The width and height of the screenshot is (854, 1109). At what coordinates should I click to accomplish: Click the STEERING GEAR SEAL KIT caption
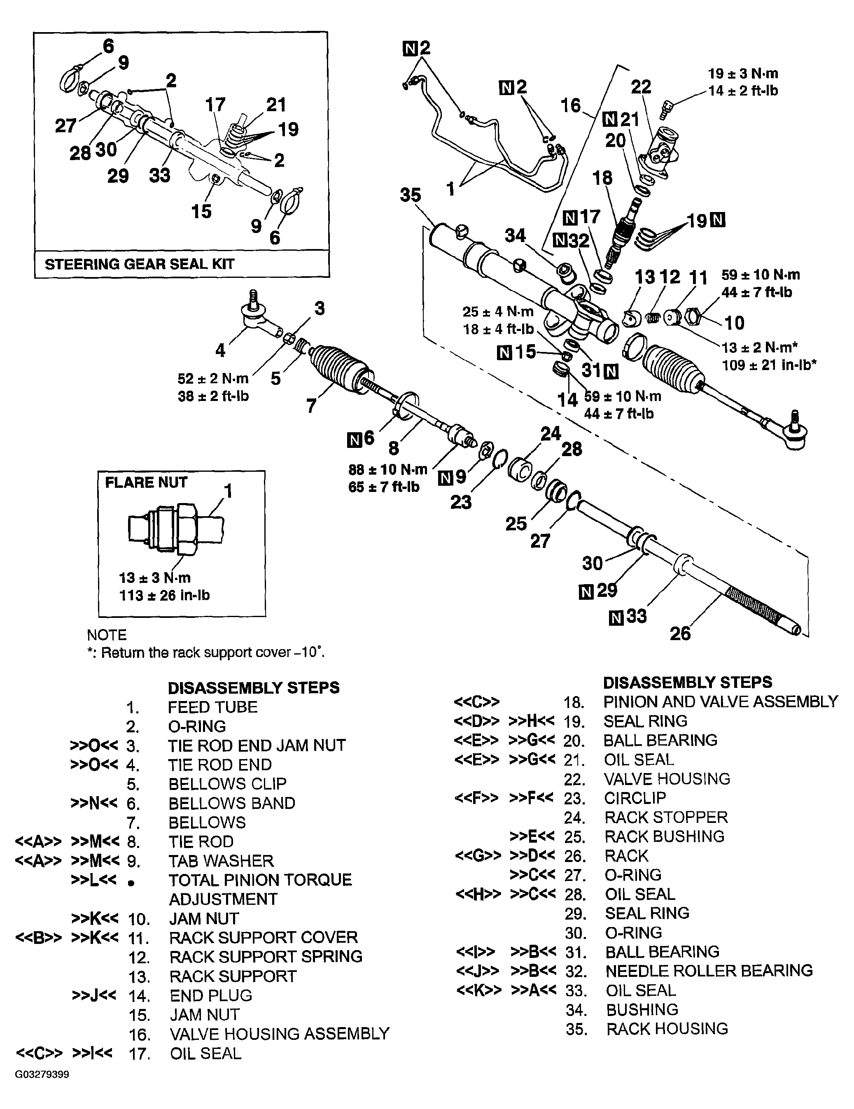[x=139, y=264]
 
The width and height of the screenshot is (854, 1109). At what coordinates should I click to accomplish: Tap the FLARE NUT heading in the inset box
[x=146, y=482]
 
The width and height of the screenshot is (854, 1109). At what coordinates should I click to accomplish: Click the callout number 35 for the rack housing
[x=410, y=195]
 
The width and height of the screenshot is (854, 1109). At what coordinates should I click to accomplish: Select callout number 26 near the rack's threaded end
[x=680, y=633]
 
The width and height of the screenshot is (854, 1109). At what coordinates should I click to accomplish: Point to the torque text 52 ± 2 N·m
[x=213, y=378]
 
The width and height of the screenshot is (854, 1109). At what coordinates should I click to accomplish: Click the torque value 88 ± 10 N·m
[x=387, y=469]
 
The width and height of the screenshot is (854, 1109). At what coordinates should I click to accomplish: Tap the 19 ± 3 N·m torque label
[x=743, y=74]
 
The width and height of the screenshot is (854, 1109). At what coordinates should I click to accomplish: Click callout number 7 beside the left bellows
[x=311, y=406]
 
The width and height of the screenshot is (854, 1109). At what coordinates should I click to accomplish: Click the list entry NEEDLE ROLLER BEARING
[x=709, y=970]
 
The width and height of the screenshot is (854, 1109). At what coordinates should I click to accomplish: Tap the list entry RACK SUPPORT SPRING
[x=266, y=956]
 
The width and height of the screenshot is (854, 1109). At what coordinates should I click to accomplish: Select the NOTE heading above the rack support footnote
[x=107, y=635]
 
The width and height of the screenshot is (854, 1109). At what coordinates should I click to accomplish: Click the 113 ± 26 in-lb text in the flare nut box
[x=164, y=595]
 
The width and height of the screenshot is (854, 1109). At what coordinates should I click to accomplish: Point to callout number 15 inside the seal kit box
[x=201, y=211]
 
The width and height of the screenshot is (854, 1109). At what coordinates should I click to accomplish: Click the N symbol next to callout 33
[x=616, y=618]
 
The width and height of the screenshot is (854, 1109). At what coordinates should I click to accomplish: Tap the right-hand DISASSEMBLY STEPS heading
[x=687, y=682]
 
